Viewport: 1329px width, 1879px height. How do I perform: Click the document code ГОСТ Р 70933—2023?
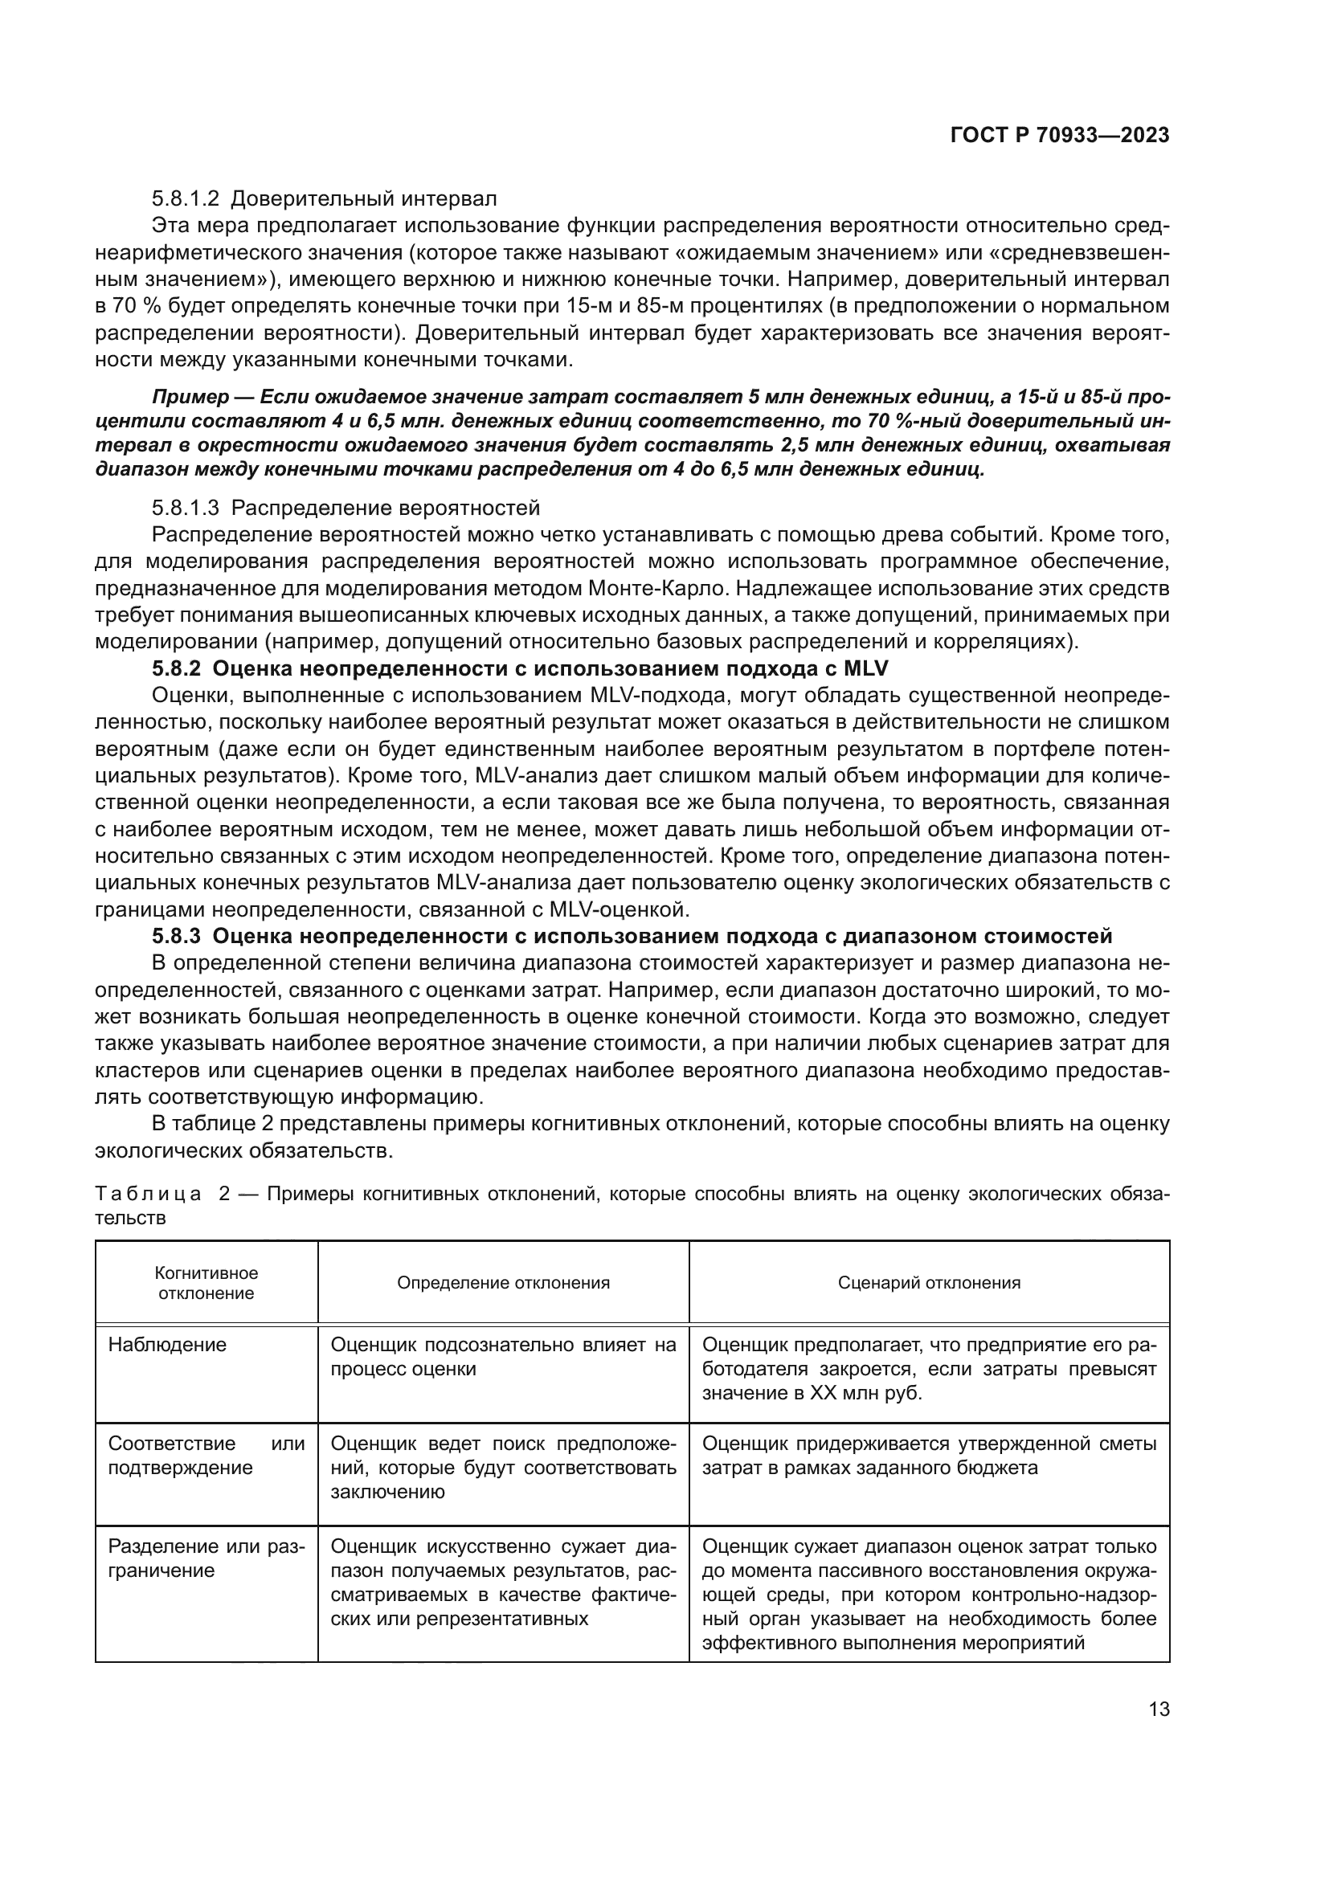1059,136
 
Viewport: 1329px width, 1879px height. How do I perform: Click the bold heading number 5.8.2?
176,668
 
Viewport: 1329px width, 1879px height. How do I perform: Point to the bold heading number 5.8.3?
176,935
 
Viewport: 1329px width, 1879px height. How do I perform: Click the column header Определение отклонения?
503,1282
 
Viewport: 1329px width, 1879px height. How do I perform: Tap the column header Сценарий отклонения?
929,1282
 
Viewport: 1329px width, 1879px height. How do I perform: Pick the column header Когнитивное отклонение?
207,1282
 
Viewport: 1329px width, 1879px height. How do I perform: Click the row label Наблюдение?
168,1346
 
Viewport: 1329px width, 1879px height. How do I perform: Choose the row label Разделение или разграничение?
207,1558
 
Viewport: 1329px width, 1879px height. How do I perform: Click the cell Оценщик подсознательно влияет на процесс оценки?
503,1357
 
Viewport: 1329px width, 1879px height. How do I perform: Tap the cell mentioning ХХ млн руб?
929,1368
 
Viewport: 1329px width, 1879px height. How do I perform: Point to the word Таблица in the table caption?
148,1194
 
